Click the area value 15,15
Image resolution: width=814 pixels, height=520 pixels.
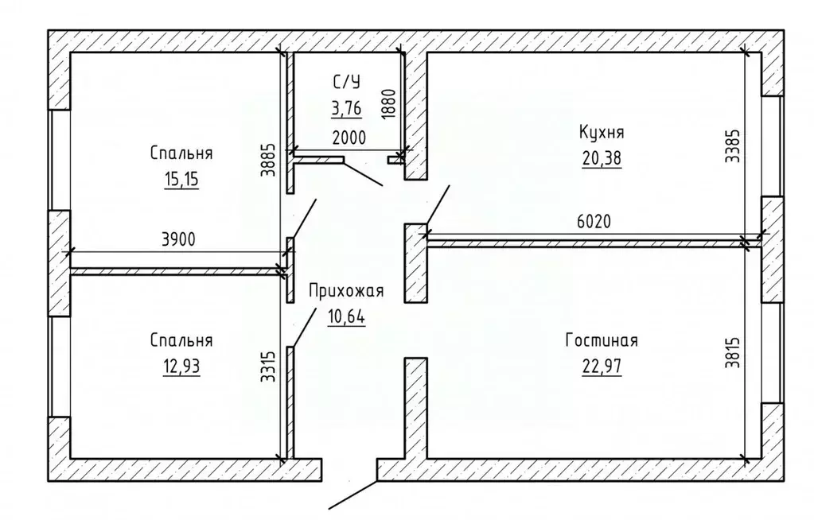[x=181, y=179]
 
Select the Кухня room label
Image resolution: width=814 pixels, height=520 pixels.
[x=602, y=132]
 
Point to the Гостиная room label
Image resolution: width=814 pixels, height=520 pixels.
[x=602, y=341]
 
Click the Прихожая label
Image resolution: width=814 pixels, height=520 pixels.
[x=347, y=291]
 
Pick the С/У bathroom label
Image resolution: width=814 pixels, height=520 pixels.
[x=347, y=80]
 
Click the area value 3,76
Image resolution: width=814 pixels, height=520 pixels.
[x=347, y=107]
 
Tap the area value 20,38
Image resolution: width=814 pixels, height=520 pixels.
[x=602, y=158]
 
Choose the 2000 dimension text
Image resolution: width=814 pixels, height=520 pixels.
[x=349, y=137]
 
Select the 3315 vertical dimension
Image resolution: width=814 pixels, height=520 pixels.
[x=269, y=368]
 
